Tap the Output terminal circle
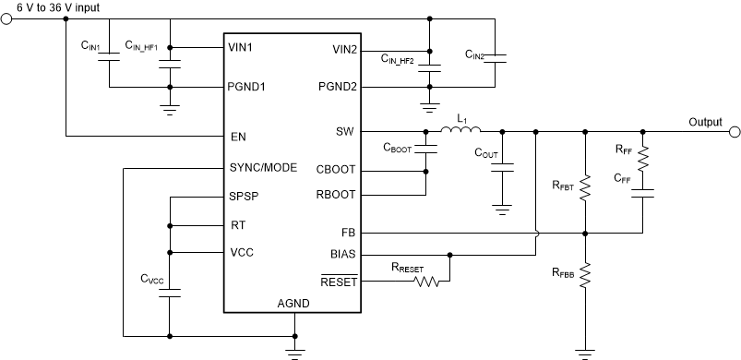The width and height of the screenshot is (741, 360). [735, 131]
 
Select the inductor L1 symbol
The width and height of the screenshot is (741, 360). [460, 131]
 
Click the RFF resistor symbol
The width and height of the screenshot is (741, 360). [642, 158]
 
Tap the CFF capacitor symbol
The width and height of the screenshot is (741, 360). [642, 193]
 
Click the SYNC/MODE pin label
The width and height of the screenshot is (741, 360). [262, 168]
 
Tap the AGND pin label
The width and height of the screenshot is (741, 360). [294, 304]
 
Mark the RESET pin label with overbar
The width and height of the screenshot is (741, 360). [339, 282]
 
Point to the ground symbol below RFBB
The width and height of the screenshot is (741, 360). [585, 351]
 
